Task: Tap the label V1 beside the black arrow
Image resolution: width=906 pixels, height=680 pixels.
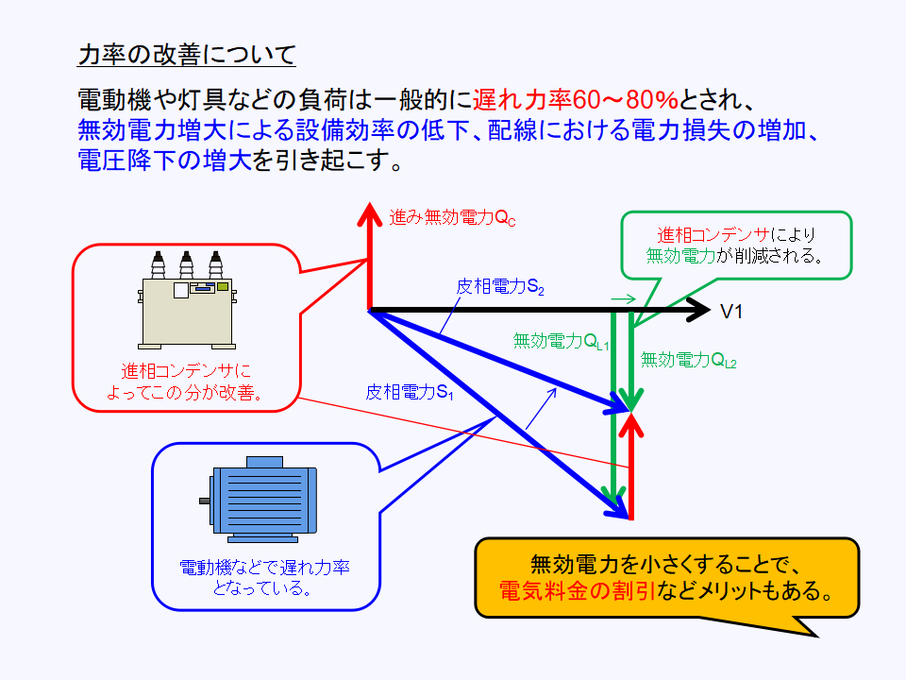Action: [x=732, y=311]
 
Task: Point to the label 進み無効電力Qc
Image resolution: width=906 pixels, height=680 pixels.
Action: [x=453, y=218]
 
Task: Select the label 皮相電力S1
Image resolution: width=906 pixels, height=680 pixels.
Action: [x=411, y=392]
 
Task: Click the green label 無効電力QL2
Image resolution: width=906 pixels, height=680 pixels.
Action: [x=688, y=360]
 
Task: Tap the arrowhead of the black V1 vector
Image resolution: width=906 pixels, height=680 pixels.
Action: [x=698, y=309]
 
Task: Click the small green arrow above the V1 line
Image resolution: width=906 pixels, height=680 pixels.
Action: [x=622, y=298]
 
